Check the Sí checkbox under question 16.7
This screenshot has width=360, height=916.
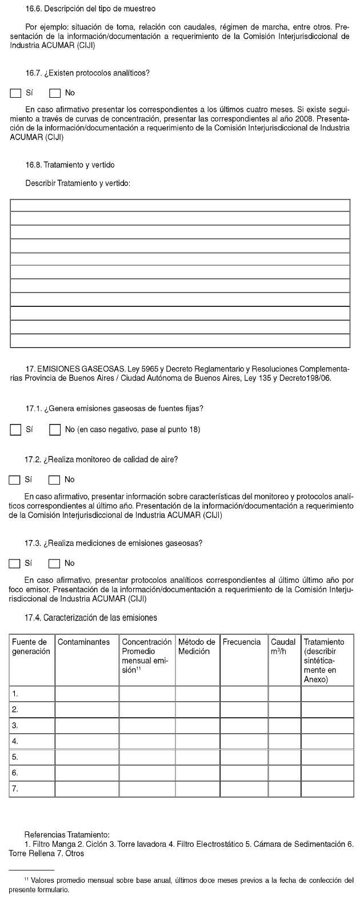click(16, 93)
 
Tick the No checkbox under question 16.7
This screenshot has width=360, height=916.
click(55, 93)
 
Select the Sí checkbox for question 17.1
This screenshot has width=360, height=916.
click(16, 430)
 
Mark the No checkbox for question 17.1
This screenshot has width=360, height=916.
click(55, 430)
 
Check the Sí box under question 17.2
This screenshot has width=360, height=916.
click(15, 480)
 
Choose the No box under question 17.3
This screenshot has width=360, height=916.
click(54, 563)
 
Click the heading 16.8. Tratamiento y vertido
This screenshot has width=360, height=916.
click(70, 165)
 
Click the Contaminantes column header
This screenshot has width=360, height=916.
click(83, 642)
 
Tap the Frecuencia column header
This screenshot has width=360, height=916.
click(241, 642)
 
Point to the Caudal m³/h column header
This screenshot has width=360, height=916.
click(283, 646)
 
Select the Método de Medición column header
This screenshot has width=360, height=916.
click(197, 646)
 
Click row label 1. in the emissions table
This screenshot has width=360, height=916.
click(15, 694)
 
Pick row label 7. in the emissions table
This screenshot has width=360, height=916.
click(15, 789)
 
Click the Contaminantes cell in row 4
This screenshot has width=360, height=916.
click(87, 741)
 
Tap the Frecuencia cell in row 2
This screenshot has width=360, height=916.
click(244, 710)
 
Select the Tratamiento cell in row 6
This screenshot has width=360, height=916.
click(327, 773)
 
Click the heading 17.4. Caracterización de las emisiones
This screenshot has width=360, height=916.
click(91, 618)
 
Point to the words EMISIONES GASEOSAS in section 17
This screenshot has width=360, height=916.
click(82, 370)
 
